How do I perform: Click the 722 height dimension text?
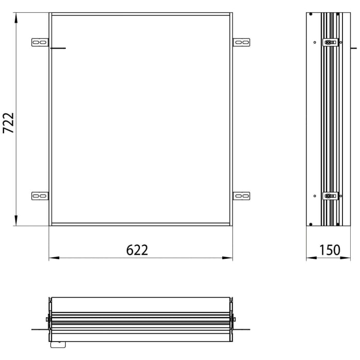pyautogui.click(x=8, y=123)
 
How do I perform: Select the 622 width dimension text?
pyautogui.click(x=137, y=250)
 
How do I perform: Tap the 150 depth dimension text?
pyautogui.click(x=329, y=250)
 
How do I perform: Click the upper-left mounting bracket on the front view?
pyautogui.click(x=40, y=42)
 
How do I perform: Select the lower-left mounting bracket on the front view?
pyautogui.click(x=40, y=196)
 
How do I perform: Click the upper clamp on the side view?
pyautogui.click(x=330, y=42)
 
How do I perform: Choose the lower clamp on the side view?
pyautogui.click(x=330, y=195)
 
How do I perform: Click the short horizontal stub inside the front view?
pyautogui.click(x=59, y=49)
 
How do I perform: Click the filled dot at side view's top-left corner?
pyautogui.click(x=310, y=13)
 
